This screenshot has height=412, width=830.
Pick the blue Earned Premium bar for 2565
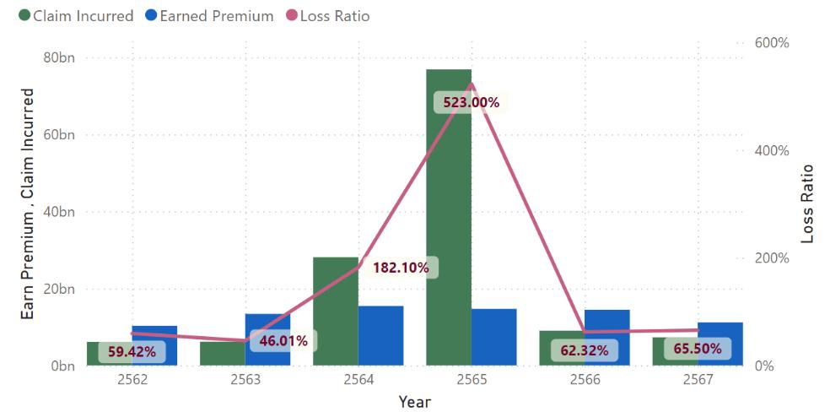[x=493, y=337]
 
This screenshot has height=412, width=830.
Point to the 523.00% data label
[x=466, y=102]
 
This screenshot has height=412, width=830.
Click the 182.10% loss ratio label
[x=400, y=268]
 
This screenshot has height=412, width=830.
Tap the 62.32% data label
[x=581, y=350]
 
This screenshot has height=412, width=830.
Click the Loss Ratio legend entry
[x=329, y=15]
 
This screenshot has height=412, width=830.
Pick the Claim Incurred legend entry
[x=75, y=15]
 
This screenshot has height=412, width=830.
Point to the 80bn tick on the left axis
[x=58, y=58]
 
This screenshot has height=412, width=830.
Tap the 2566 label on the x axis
[x=585, y=380]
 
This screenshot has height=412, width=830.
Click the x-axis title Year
[x=414, y=402]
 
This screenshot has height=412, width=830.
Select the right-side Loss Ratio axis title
[x=807, y=203]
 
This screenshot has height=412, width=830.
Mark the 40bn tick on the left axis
[x=58, y=212]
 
